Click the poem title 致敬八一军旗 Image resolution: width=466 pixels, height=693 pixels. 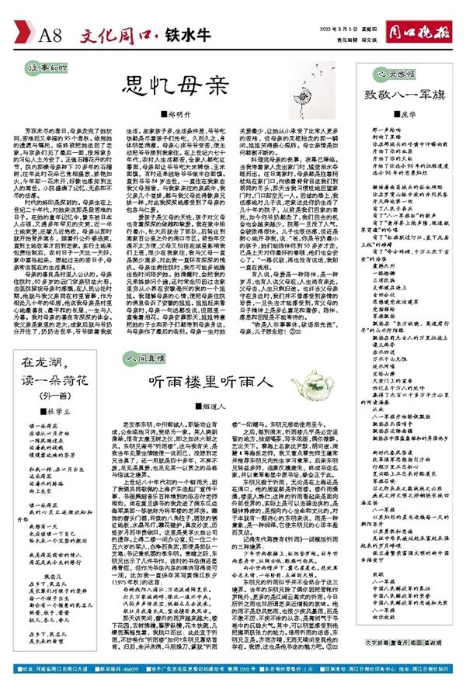point(395,96)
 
